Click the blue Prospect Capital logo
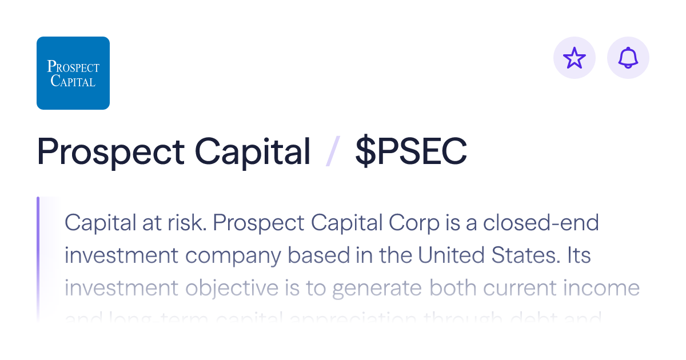point(73,73)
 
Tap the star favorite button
point(575,58)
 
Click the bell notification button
point(628,58)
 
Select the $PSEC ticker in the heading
point(410,152)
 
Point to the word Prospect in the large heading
point(110,152)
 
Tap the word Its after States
point(579,255)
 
